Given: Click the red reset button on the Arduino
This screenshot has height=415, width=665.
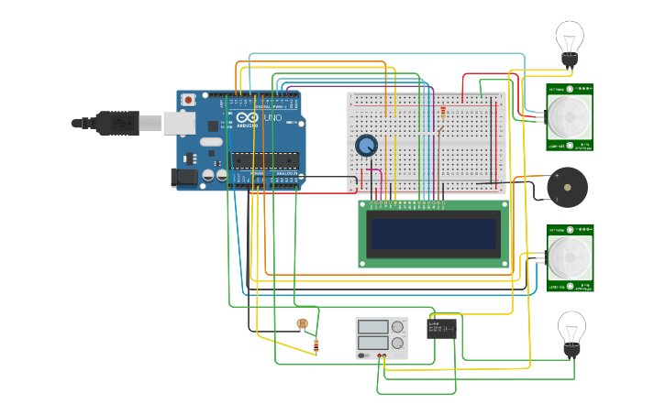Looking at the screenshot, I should point(188,99).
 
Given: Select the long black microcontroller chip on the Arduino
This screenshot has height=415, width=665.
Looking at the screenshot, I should point(264,160).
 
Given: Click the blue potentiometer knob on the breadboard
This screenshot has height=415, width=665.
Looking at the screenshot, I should point(366,145).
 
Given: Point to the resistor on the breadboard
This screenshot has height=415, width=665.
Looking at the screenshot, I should point(444,113).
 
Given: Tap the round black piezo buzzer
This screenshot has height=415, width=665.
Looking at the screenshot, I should point(566,188).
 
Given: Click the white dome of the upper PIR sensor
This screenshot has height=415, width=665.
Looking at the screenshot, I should point(570,116).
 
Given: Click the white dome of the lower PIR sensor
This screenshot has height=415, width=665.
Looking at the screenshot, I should point(571,257).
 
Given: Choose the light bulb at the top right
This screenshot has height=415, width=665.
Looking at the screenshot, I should point(570,41).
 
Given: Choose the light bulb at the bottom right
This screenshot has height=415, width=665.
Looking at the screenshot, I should point(571,332).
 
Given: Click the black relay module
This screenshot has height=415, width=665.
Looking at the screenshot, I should point(442,327).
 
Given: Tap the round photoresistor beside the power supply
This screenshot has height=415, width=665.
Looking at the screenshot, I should point(302,323).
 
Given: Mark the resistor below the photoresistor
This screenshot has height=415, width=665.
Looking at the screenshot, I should point(316,346).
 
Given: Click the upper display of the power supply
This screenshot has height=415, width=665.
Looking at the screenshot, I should point(373,326).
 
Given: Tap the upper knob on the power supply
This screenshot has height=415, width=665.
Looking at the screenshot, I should point(397,326).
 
